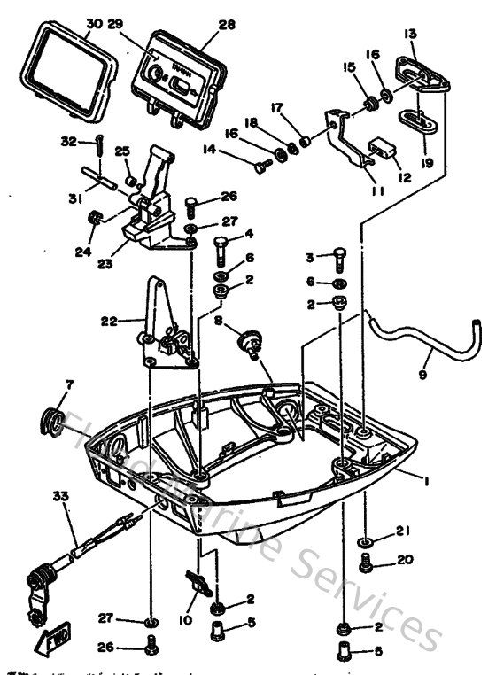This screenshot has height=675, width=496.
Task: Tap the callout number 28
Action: (227, 25)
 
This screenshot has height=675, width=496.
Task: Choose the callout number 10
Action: (186, 621)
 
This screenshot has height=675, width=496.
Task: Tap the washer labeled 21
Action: (366, 539)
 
